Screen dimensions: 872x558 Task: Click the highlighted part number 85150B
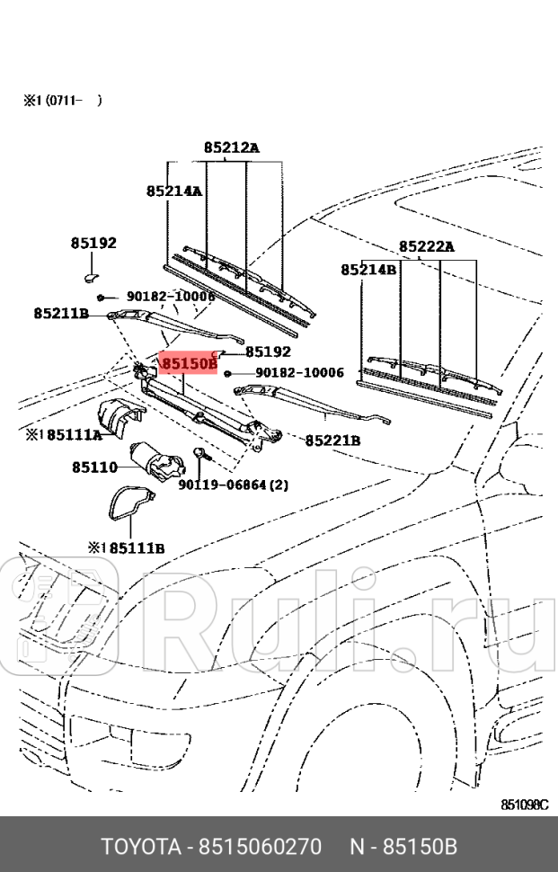pos(189,363)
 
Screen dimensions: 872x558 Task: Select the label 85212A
pos(230,147)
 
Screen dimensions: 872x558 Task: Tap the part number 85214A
pos(174,191)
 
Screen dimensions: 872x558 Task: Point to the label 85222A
pos(427,246)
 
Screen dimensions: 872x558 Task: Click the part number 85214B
pos(368,269)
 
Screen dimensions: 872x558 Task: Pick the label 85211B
pos(61,313)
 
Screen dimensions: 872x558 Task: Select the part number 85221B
pos(332,440)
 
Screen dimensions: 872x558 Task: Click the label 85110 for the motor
pos(94,467)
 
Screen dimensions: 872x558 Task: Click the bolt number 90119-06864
pos(223,485)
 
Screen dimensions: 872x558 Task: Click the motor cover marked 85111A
pos(120,417)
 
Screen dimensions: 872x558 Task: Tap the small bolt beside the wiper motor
pos(199,457)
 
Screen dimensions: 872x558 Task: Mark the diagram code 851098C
pos(524,805)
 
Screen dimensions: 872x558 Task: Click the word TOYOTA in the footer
pos(139,846)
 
